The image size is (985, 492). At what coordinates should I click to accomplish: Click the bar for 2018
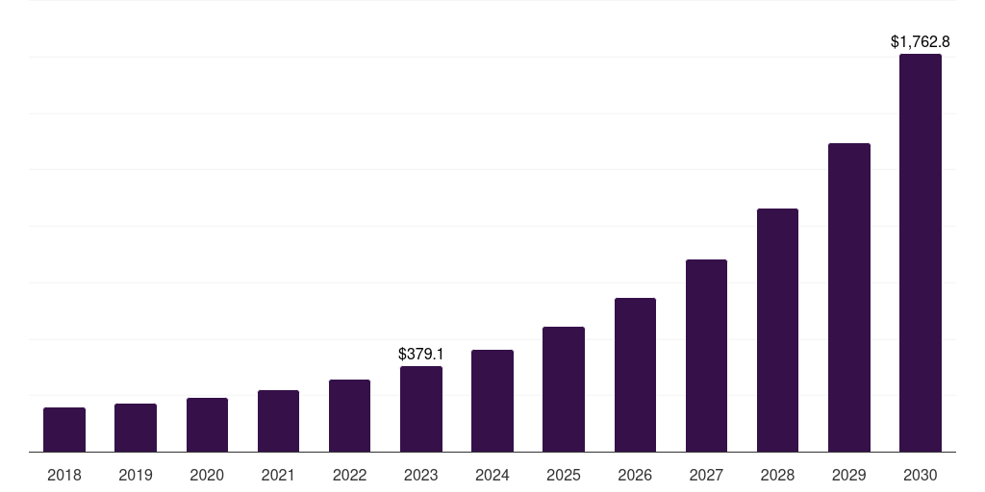click(x=64, y=430)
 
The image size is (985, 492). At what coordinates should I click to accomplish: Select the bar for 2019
click(x=136, y=428)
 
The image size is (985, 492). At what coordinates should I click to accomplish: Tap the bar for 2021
click(x=278, y=421)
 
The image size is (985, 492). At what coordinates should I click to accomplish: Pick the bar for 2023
click(x=421, y=408)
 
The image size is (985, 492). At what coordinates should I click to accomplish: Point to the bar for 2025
click(x=564, y=389)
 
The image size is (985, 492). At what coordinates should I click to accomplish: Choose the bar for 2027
click(x=706, y=356)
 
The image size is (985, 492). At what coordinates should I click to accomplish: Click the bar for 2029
click(x=849, y=298)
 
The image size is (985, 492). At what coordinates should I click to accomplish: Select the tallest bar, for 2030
click(x=921, y=253)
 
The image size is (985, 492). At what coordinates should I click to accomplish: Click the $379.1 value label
click(x=421, y=355)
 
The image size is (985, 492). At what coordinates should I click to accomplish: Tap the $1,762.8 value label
click(x=921, y=42)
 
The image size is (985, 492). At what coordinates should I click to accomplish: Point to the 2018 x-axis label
click(x=64, y=475)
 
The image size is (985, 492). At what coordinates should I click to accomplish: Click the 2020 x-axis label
click(x=207, y=475)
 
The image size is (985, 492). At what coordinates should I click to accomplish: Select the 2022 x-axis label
click(x=350, y=475)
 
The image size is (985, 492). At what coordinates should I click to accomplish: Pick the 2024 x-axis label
click(x=492, y=475)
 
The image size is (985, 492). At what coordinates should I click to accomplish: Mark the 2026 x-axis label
click(x=635, y=475)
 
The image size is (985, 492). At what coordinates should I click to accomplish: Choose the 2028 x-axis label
click(x=777, y=475)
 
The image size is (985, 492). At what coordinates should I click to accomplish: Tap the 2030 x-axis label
click(x=921, y=475)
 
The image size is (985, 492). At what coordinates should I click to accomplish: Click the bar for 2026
click(x=635, y=375)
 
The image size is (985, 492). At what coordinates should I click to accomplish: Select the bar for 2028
click(x=777, y=330)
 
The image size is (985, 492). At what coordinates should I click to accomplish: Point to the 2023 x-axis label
click(x=421, y=475)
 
